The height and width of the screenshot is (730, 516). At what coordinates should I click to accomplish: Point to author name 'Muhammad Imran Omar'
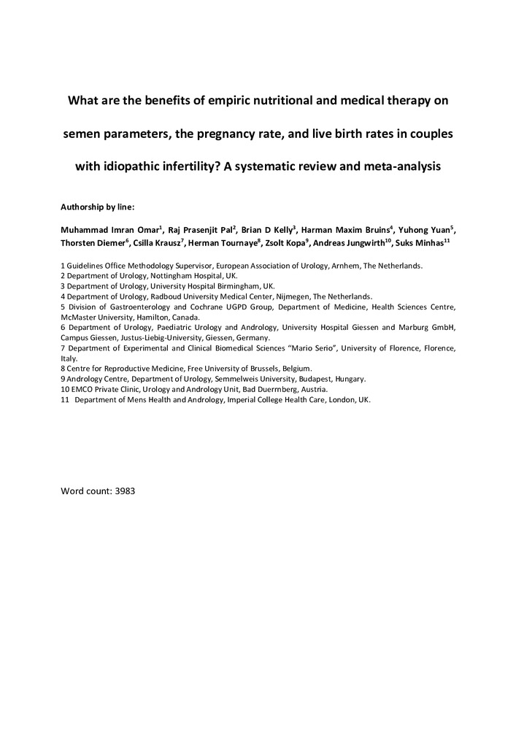[x=109, y=229]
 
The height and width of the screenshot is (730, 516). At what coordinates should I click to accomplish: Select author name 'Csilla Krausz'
[x=156, y=243]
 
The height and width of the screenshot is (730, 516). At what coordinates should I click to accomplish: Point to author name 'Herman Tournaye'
[x=222, y=243]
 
